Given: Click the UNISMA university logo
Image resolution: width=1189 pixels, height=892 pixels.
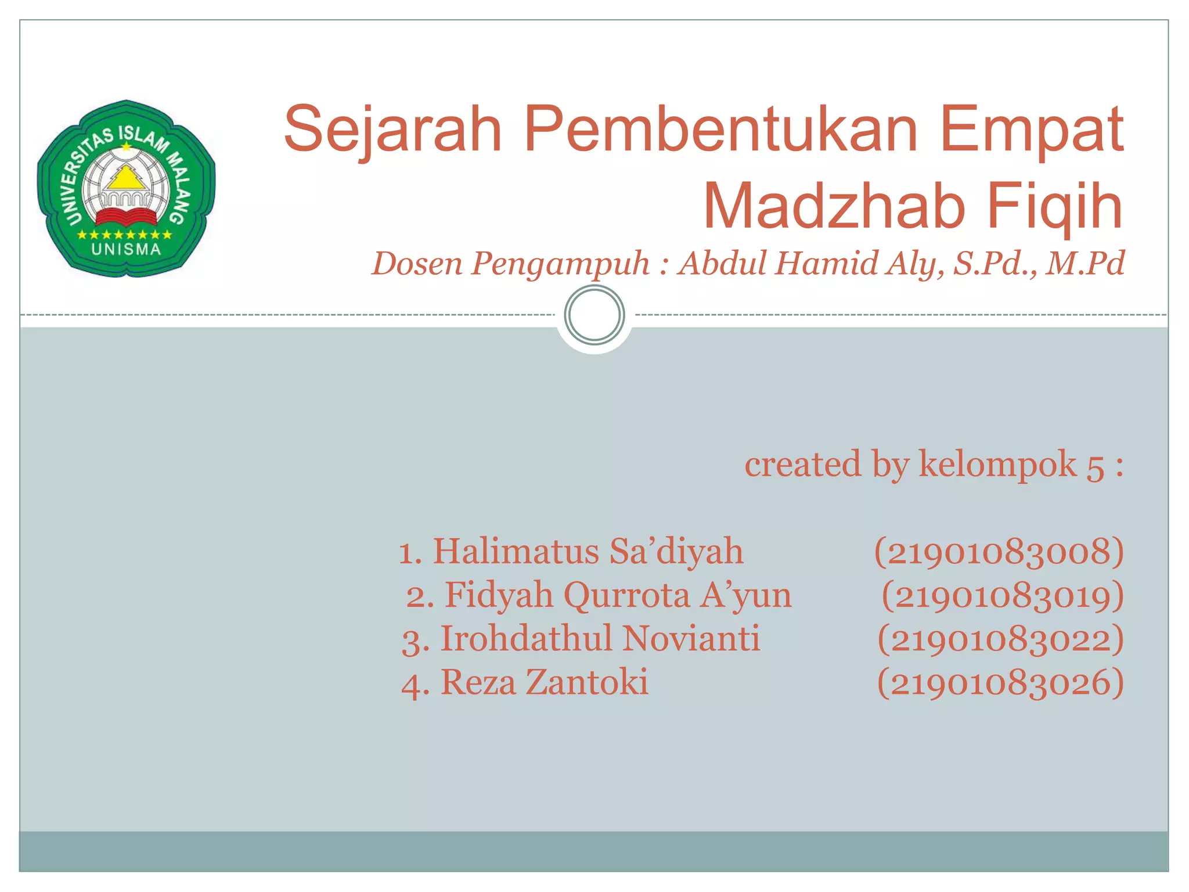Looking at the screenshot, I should pos(126,189).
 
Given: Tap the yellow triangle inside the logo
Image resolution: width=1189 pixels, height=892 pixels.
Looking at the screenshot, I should pos(126,178).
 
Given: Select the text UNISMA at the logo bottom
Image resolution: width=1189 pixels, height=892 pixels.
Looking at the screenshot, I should pos(126,250).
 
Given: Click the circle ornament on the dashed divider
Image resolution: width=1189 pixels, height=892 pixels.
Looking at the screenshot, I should pos(594,315).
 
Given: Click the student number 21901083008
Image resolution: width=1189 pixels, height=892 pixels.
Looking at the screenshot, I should pos(999,552).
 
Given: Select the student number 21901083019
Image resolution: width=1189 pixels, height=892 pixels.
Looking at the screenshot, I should pos(1003,596).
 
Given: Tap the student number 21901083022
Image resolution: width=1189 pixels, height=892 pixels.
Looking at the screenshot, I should pos(1000,639).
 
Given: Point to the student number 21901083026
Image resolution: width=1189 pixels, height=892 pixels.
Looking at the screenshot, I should pos(1000,683).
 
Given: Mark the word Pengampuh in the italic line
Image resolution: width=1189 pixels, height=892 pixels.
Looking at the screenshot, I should pos(560,264).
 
